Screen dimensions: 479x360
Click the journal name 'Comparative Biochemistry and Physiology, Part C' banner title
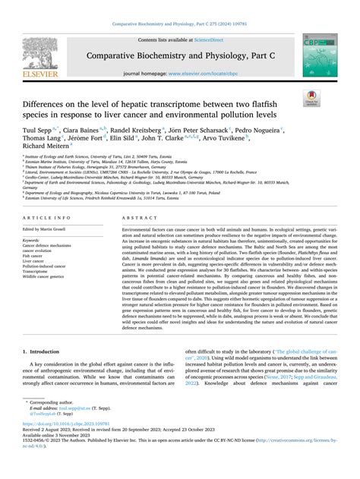(179, 56)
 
